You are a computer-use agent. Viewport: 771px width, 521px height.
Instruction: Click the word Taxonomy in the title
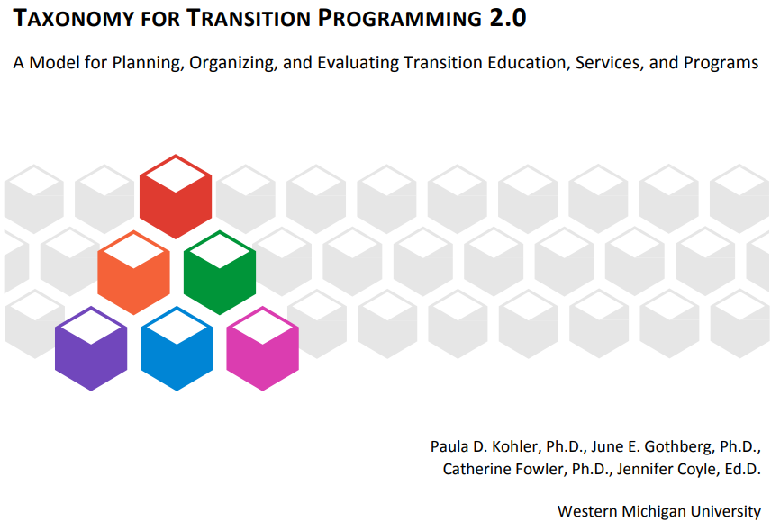(73, 19)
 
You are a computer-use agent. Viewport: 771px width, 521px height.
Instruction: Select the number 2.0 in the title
(507, 18)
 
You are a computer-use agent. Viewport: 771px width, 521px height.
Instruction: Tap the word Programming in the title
(399, 19)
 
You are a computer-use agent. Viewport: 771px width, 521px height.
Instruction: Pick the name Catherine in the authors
(479, 469)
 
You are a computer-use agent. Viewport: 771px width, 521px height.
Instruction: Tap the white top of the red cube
(176, 175)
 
